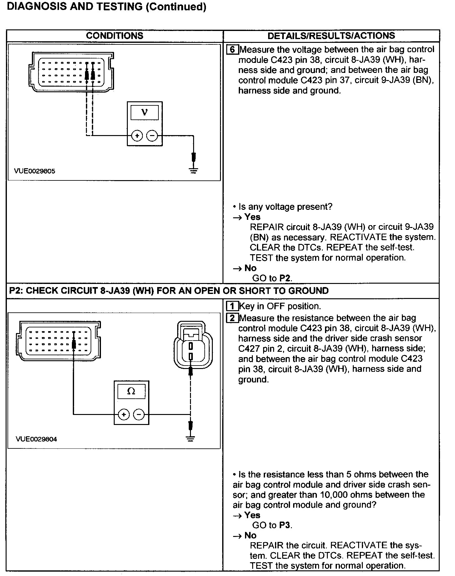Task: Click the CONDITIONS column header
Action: click(114, 36)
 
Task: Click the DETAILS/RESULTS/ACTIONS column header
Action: click(331, 36)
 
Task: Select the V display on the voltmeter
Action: click(145, 113)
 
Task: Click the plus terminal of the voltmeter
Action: click(137, 136)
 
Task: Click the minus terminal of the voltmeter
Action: click(152, 136)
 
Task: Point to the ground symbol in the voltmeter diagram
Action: click(194, 170)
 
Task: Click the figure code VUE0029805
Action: click(34, 171)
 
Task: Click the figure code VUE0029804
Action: click(36, 439)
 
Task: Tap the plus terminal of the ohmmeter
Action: click(124, 415)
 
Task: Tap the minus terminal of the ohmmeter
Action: click(139, 415)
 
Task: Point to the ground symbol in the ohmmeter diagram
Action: click(190, 438)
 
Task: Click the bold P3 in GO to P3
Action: click(285, 525)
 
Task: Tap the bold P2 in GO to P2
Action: click(285, 278)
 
